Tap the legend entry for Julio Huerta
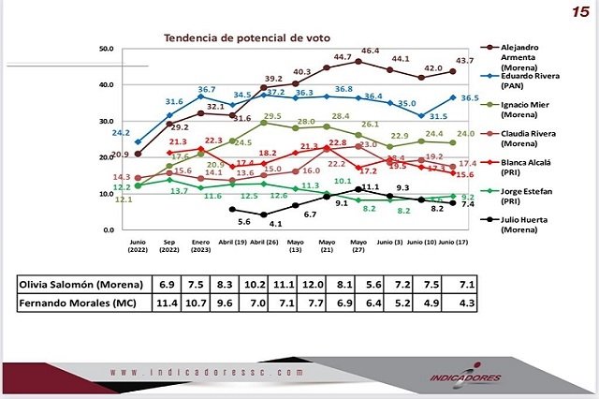coord(529,227)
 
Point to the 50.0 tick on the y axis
coord(105,48)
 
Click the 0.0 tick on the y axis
coord(108,229)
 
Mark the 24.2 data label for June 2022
coord(122,134)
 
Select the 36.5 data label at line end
coord(471,98)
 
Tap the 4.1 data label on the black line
coord(276,225)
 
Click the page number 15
coord(580,11)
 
